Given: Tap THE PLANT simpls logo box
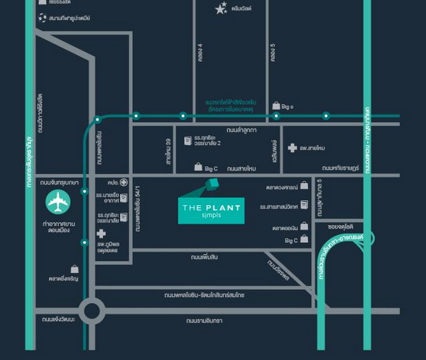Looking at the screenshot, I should pos(211,210).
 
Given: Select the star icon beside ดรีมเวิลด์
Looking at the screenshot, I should pos(221,9).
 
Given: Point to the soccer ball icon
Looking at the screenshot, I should pos(43,17).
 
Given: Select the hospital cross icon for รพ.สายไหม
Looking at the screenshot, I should pos(292,148).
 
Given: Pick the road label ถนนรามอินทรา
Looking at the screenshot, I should pos(205,320).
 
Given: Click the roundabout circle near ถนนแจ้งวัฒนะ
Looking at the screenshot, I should pos(92,310).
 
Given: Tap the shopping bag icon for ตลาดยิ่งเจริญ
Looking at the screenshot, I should pos(74,269).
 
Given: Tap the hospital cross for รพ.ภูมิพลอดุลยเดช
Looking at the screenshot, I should pos(102,234).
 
